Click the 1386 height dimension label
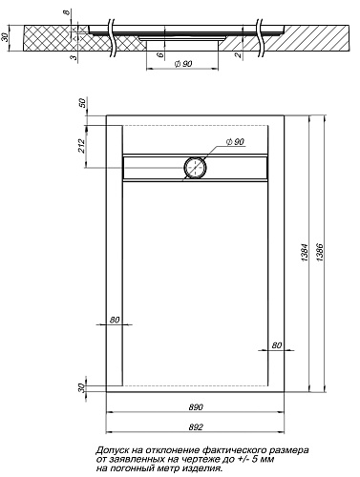[320, 252]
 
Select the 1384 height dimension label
[305, 252]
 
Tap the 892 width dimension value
[196, 427]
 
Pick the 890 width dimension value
[196, 407]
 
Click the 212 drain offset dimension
[81, 146]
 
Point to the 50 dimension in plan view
[82, 103]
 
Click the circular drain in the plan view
[196, 168]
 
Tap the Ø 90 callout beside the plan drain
[235, 142]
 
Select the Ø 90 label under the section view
[183, 64]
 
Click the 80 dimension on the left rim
[115, 320]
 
